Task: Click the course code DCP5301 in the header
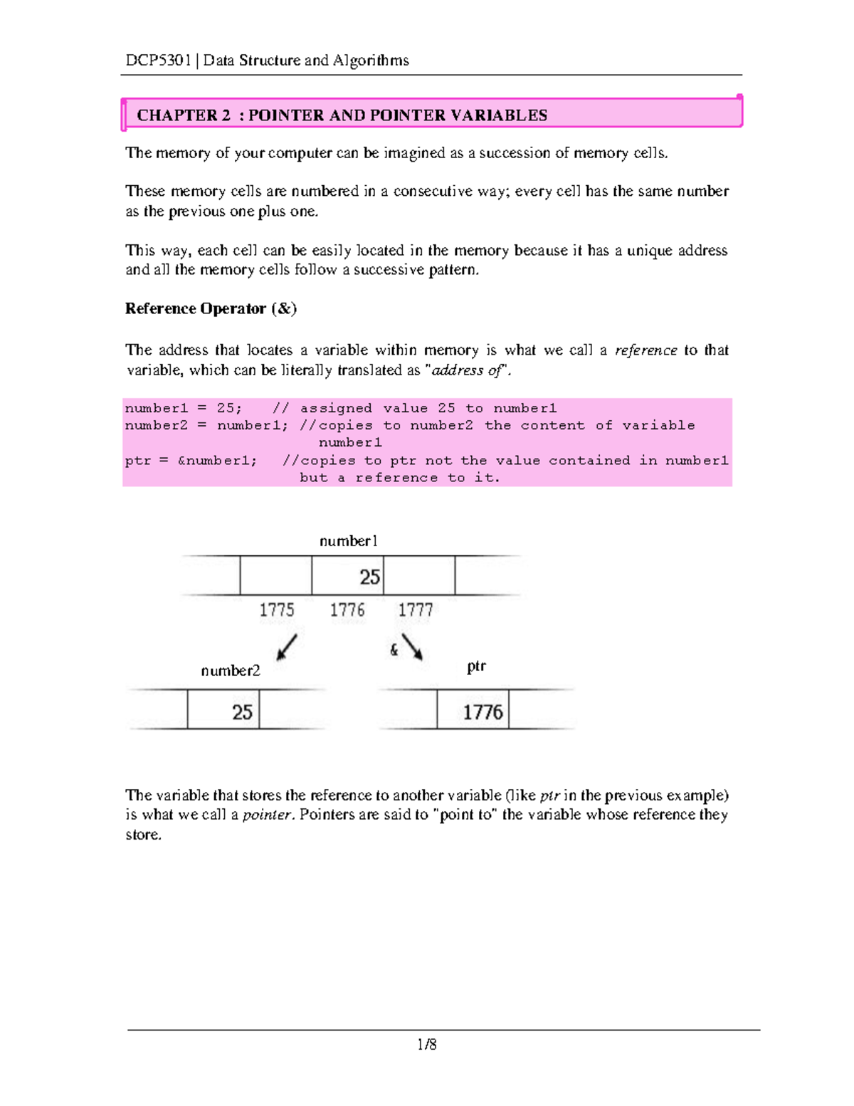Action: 158,61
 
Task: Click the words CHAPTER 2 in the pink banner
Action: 184,115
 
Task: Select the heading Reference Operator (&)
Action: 211,308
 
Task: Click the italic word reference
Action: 645,350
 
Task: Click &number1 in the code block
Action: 217,461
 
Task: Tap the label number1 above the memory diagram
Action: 348,541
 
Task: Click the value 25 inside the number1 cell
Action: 369,577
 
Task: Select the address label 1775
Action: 276,610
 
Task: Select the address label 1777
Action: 415,610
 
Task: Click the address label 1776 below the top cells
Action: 347,610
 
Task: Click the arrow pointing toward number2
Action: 286,647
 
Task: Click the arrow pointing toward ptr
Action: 412,647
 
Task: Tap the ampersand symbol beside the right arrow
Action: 394,649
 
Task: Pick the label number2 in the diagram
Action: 230,671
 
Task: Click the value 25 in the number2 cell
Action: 242,712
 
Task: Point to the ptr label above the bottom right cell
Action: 476,667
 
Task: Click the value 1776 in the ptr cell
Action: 483,712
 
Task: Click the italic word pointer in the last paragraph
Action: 268,815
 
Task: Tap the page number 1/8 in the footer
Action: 427,1045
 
